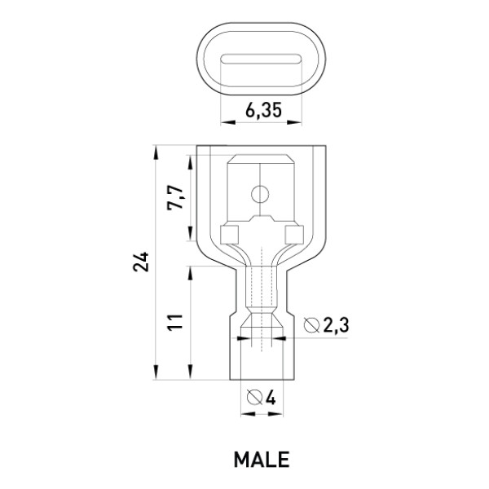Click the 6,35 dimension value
[x=263, y=110]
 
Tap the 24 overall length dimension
[x=141, y=262]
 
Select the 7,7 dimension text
[x=174, y=197]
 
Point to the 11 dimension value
[x=174, y=323]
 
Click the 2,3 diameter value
[x=336, y=326]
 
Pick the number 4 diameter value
[x=270, y=398]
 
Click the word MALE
[x=262, y=460]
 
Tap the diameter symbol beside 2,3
[x=311, y=325]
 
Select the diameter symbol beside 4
[x=254, y=397]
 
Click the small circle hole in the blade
[x=260, y=195]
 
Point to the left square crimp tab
[x=230, y=235]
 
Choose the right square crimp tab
[x=294, y=235]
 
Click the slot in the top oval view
[x=261, y=59]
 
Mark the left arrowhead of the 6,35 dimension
[x=227, y=122]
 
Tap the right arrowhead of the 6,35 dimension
[x=295, y=122]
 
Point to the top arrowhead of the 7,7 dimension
[x=190, y=162]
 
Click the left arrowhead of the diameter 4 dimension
[x=249, y=414]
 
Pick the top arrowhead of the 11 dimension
[x=190, y=274]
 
